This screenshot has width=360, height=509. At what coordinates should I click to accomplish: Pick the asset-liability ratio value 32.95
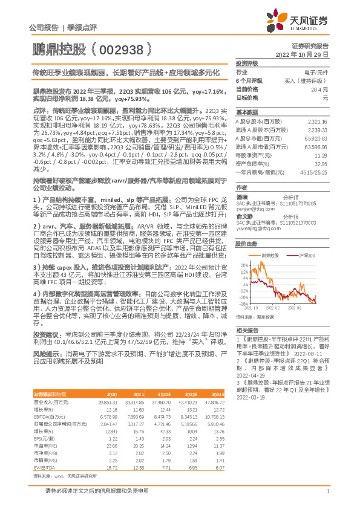[x=321, y=163]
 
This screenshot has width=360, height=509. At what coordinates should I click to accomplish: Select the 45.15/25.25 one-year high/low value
[x=315, y=172]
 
